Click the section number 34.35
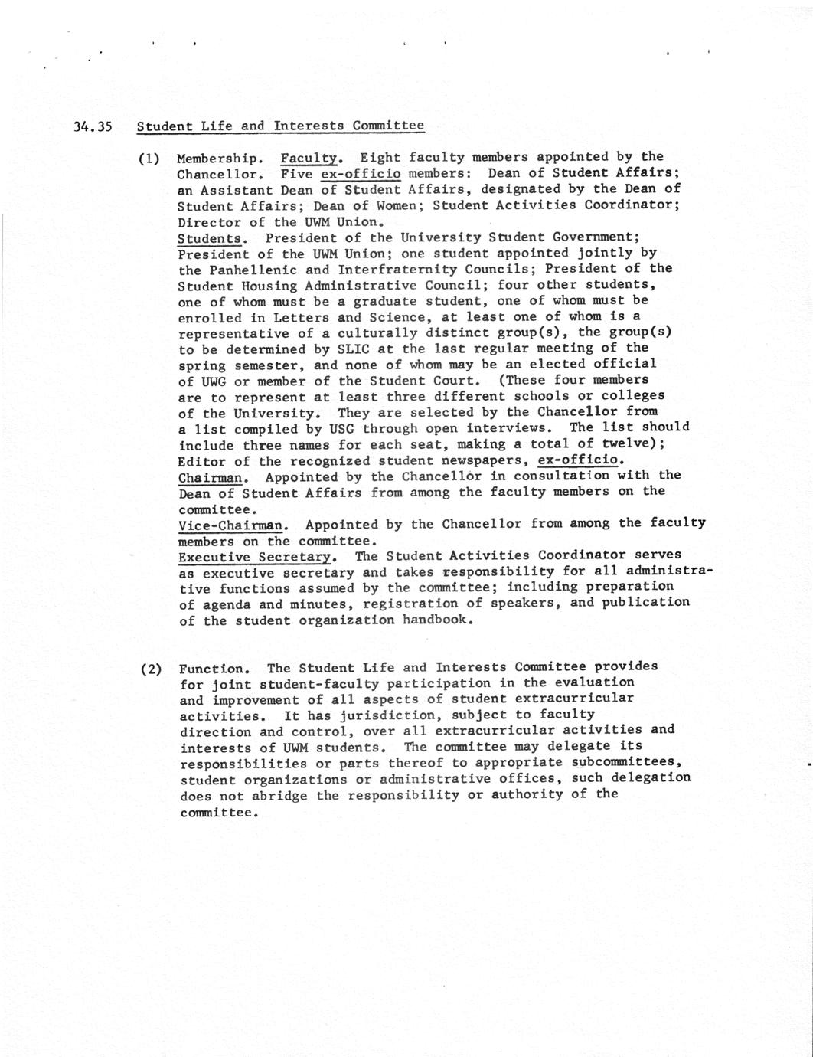click(x=93, y=126)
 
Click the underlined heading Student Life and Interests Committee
click(x=280, y=125)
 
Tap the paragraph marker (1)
click(x=149, y=159)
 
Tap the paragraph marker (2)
click(x=151, y=668)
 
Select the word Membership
click(x=220, y=159)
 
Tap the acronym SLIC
click(x=353, y=349)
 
